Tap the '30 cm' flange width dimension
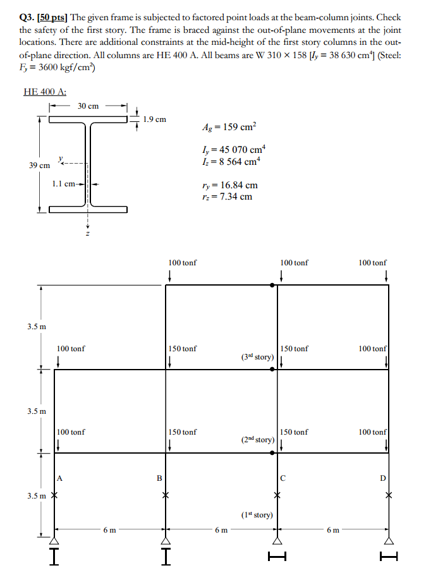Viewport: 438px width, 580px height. [x=88, y=106]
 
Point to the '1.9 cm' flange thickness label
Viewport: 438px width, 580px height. [x=155, y=119]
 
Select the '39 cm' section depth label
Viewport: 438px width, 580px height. [x=39, y=165]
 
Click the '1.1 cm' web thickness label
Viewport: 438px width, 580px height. [x=64, y=184]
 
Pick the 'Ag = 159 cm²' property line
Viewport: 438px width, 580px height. [x=229, y=126]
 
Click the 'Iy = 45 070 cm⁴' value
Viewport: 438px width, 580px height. [x=233, y=150]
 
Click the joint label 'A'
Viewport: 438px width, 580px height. [x=60, y=478]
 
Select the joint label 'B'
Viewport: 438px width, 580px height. [x=160, y=478]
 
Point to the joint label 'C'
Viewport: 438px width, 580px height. [x=284, y=478]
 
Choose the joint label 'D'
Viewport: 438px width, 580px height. [x=382, y=478]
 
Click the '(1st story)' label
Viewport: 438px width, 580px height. [x=257, y=515]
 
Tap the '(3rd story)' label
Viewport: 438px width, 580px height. [x=257, y=357]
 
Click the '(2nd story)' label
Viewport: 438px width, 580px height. [x=257, y=440]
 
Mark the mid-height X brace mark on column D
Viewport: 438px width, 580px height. [x=389, y=495]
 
